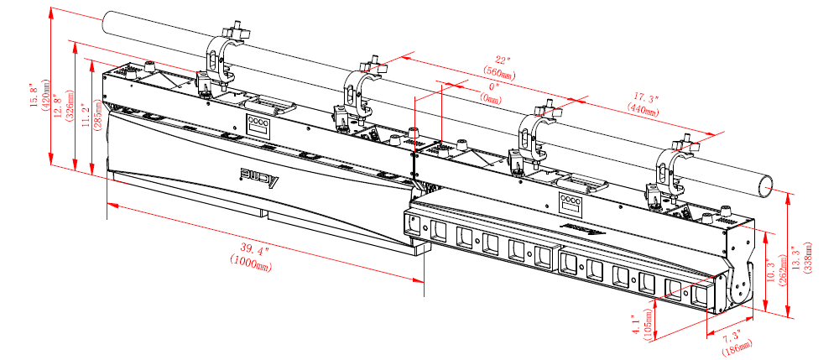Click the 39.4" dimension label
tap(255, 248)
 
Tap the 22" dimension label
tap(502, 60)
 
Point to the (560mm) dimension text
tap(501, 73)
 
